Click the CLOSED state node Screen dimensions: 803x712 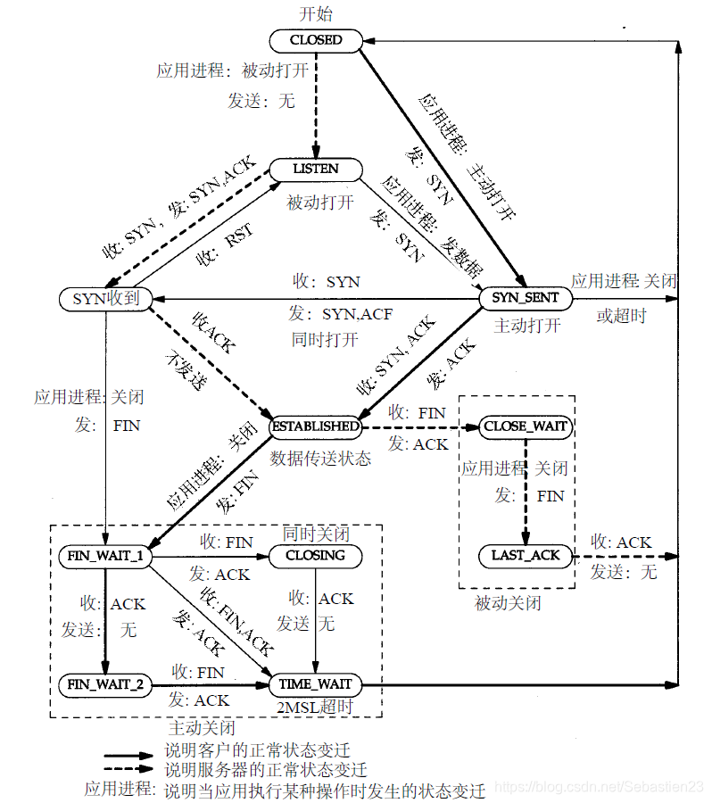point(316,40)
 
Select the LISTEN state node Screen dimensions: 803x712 point(316,169)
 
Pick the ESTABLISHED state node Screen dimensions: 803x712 point(316,426)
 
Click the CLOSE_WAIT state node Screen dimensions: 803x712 point(526,426)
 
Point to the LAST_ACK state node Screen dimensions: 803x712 point(526,555)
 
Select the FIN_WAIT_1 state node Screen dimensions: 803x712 point(105,556)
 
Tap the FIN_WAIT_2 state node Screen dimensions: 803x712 point(105,685)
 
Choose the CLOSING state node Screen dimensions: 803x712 point(315,556)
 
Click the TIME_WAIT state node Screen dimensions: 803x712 point(315,685)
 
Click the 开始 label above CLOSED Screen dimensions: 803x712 point(317,15)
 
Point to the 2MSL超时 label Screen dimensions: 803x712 point(317,707)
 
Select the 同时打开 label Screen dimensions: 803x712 point(325,340)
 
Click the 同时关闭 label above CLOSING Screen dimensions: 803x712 point(316,534)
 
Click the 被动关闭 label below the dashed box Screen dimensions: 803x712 point(508,604)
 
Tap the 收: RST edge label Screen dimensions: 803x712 point(224,244)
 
